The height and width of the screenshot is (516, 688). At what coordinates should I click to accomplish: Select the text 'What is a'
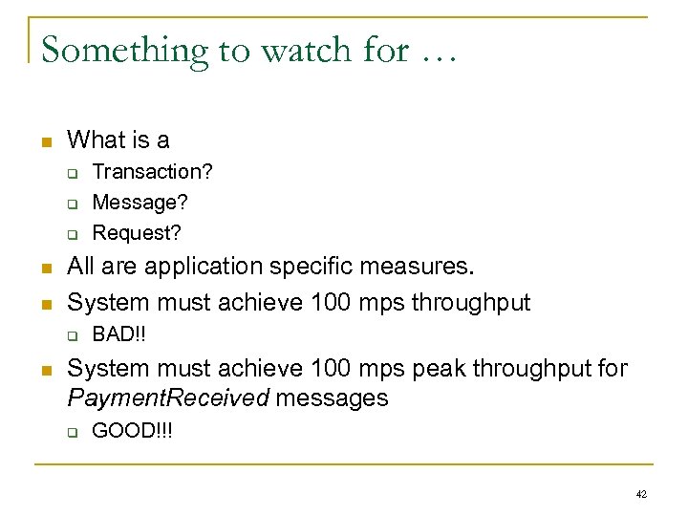(118, 140)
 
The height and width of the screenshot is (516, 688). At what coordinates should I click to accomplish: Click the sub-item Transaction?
(152, 172)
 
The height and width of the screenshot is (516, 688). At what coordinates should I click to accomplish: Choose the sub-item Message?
(140, 202)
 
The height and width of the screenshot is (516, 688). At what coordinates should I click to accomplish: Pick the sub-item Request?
(137, 232)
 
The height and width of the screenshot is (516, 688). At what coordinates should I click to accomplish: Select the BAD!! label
(118, 335)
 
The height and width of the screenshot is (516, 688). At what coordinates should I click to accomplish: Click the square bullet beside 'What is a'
(44, 141)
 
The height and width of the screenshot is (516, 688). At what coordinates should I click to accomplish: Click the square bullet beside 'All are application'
(44, 268)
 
